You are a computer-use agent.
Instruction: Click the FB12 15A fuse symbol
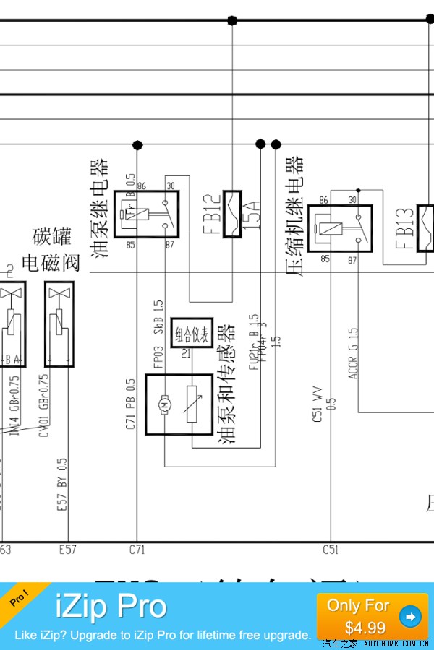[x=232, y=214]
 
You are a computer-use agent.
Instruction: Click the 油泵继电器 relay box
[x=156, y=214]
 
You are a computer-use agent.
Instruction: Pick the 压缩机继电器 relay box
[x=339, y=228]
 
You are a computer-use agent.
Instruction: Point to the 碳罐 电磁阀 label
[x=51, y=249]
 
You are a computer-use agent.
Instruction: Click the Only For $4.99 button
[x=372, y=615]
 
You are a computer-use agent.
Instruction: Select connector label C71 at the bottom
[x=137, y=550]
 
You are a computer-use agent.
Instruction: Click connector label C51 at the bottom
[x=330, y=550]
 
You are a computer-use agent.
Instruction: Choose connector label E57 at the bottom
[x=67, y=550]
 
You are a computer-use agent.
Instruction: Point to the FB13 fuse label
[x=405, y=229]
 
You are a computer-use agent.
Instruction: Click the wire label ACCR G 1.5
[x=353, y=353]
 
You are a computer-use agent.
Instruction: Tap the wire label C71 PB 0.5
[x=131, y=404]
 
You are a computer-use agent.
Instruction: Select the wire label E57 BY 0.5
[x=62, y=485]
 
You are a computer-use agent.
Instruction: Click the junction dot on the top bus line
[x=232, y=20]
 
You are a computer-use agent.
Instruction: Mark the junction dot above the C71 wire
[x=137, y=145]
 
